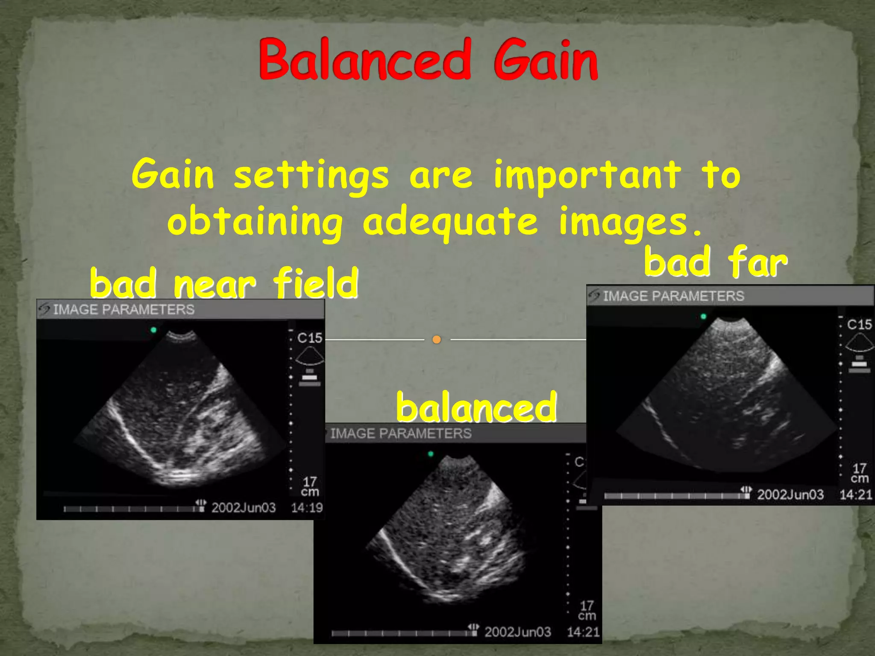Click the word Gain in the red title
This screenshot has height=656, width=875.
click(x=546, y=60)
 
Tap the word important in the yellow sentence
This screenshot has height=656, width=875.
click(x=587, y=175)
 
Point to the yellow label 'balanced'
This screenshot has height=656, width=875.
click(x=476, y=407)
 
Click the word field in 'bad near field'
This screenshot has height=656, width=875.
click(x=315, y=283)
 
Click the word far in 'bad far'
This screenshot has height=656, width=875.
click(x=757, y=262)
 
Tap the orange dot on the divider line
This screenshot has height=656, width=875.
click(x=436, y=340)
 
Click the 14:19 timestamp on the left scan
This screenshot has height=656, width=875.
click(x=307, y=508)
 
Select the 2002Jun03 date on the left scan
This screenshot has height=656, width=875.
click(x=244, y=508)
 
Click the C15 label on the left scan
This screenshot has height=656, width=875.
click(x=309, y=338)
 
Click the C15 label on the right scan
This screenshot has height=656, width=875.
click(x=859, y=325)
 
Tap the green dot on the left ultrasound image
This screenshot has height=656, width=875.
click(x=153, y=330)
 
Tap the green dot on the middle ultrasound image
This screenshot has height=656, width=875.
click(x=431, y=454)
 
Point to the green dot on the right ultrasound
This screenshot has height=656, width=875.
click(x=703, y=316)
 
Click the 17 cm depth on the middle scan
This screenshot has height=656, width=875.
click(x=587, y=610)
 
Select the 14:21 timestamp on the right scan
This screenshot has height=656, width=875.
click(x=855, y=495)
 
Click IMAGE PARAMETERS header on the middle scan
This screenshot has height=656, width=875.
click(x=401, y=434)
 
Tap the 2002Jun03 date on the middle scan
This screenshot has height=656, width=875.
click(x=517, y=632)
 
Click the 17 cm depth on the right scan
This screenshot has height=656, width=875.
click(x=859, y=473)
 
